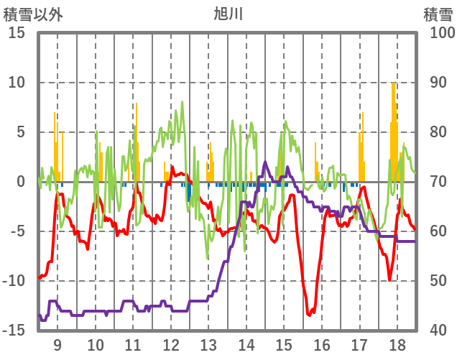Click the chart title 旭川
click(228, 14)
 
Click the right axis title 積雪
click(437, 14)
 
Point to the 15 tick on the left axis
click(17, 33)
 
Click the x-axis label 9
click(57, 344)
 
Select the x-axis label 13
click(208, 344)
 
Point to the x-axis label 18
click(396, 344)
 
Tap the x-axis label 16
click(321, 344)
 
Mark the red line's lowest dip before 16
click(309, 315)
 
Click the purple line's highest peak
click(266, 163)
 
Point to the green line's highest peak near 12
click(183, 103)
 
